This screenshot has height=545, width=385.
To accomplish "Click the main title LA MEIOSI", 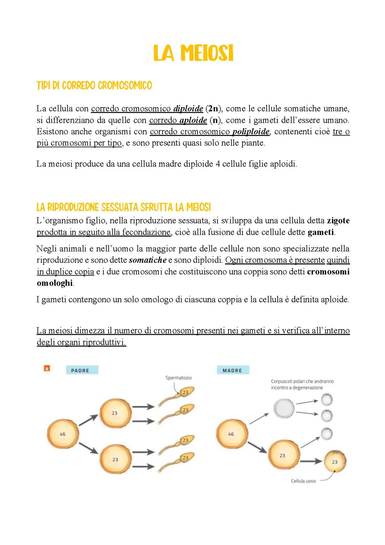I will point(193,54).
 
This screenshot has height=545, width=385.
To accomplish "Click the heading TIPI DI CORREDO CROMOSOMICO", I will point(94,86).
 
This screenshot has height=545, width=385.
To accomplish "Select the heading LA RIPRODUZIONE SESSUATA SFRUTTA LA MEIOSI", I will point(123,207).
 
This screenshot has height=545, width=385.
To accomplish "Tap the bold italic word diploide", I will point(188,109).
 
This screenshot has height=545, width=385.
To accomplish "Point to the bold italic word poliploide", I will point(251,132).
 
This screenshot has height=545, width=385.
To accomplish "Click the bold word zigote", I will point(338,221).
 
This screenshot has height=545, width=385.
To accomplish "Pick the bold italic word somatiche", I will point(148,260).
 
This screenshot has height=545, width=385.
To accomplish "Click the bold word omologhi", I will point(55,283).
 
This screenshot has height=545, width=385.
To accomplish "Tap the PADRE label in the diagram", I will point(80,370).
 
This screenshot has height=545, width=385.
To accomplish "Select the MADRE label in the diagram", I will point(232,370).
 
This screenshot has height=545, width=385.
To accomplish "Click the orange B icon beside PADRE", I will point(47,368).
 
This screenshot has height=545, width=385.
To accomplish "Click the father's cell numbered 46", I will point(63,434).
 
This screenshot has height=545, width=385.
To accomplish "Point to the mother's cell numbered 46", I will point(231,434).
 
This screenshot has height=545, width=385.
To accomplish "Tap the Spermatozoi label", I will point(178,378).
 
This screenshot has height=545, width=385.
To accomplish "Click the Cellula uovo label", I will point(303,481).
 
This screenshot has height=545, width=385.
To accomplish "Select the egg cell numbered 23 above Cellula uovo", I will point(334,462).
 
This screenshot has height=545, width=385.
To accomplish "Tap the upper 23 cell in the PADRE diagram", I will point(114,413).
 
